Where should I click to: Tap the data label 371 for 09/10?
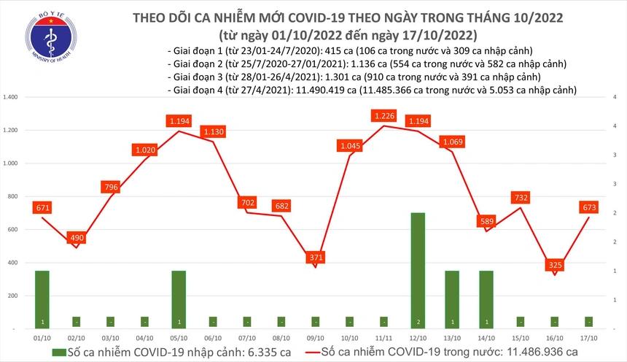pyautogui.click(x=314, y=258)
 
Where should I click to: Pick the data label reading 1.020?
pyautogui.click(x=145, y=150)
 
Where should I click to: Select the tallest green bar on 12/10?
pyautogui.click(x=418, y=270)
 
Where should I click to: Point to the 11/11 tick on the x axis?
pyautogui.click(x=384, y=338)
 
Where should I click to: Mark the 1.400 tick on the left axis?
pyautogui.click(x=12, y=97)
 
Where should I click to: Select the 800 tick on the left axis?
pyautogui.click(x=13, y=196)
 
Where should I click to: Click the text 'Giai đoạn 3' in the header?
pyautogui.click(x=192, y=77)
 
